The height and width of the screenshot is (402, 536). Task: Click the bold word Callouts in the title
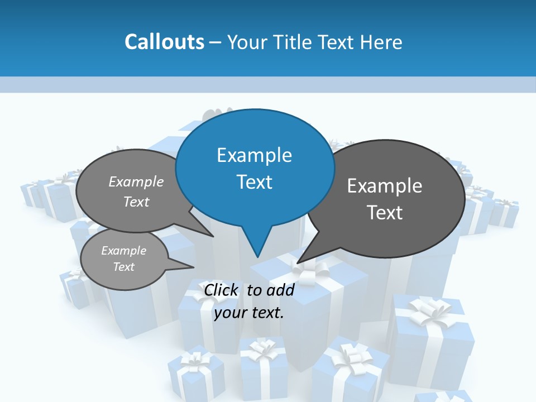point(164,42)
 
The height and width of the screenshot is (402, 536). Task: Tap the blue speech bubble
point(255,167)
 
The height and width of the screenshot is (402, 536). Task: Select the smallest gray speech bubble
point(123,259)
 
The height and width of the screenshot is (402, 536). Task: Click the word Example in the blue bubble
point(254,155)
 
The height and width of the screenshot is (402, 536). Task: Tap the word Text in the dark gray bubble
point(385,213)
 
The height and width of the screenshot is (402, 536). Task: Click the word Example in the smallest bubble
point(123,251)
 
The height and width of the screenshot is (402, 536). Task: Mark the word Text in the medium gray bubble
point(136,202)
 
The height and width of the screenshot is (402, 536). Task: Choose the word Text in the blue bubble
point(255,182)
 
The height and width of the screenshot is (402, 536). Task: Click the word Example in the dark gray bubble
point(385,186)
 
